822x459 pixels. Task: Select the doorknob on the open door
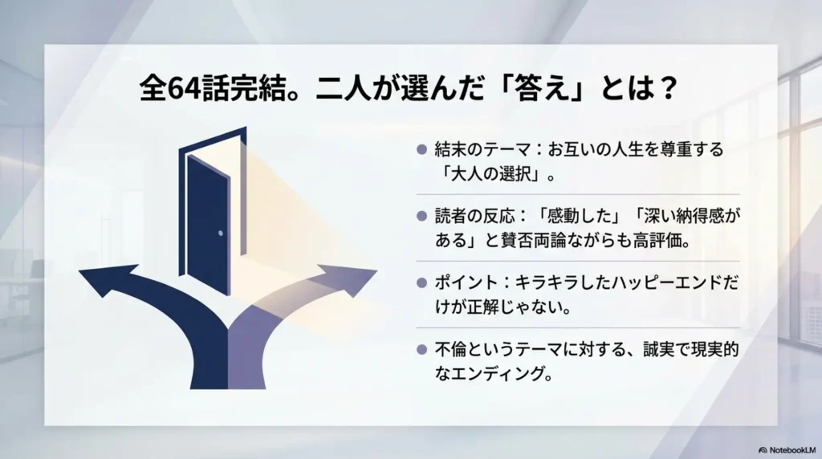coord(221,233)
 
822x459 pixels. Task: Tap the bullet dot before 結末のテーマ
coord(421,150)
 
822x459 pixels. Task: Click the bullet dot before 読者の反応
coord(421,216)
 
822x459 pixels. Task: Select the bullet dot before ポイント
coord(421,283)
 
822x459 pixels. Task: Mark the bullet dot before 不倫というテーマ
coord(421,350)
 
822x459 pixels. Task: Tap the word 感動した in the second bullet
coord(580,216)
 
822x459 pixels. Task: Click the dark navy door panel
coord(208,225)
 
